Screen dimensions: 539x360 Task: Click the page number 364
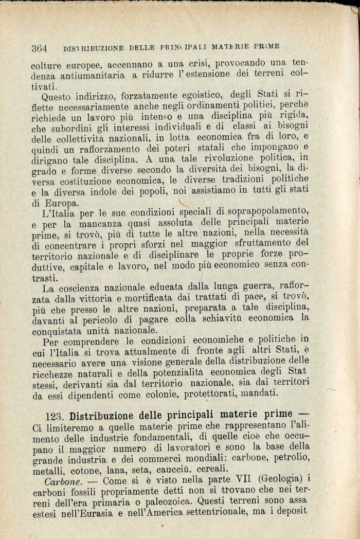[x=39, y=48]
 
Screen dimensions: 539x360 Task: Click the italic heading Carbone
[x=60, y=482]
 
